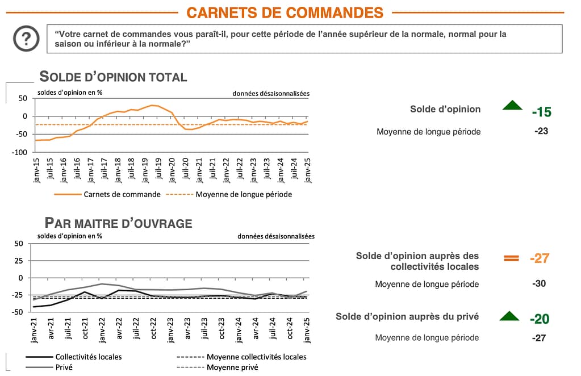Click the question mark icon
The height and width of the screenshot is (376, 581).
point(26,39)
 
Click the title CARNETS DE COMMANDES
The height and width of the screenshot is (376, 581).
point(285,12)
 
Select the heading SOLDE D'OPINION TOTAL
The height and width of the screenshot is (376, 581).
point(113,77)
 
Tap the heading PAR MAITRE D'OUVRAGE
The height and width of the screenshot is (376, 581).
point(118,223)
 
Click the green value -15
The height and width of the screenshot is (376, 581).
point(541,112)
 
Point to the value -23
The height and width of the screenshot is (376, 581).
point(541,131)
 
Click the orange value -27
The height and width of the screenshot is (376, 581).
point(539,258)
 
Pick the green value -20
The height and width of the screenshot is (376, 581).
point(539,319)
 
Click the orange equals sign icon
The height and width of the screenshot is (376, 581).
point(512,258)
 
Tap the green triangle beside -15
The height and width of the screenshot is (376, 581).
point(512,105)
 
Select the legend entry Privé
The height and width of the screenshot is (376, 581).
point(64,367)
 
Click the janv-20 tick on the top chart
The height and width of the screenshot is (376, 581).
point(172,169)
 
